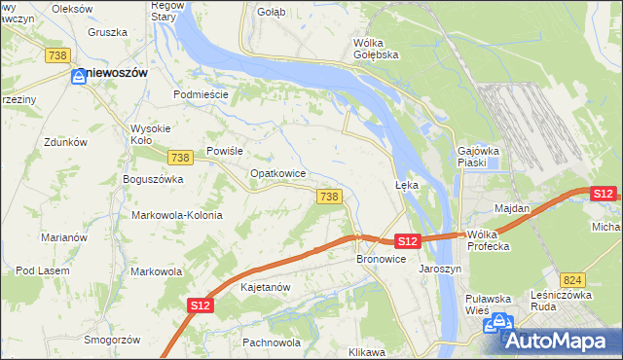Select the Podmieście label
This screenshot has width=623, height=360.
(200, 94)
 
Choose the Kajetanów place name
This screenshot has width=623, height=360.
(265, 288)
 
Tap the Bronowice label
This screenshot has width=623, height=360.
(380, 260)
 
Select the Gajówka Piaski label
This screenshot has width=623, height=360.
(478, 157)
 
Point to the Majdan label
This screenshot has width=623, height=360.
(512, 208)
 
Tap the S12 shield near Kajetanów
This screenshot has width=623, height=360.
(200, 306)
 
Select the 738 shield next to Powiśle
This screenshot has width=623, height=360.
(178, 158)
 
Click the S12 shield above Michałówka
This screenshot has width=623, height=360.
(603, 194)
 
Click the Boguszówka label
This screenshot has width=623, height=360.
(153, 179)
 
